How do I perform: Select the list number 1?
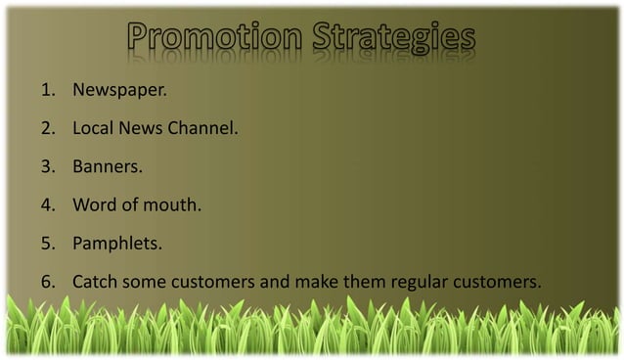46,90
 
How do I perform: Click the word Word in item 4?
95,205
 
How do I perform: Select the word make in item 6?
316,283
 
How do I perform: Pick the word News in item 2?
140,128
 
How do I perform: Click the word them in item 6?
364,283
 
